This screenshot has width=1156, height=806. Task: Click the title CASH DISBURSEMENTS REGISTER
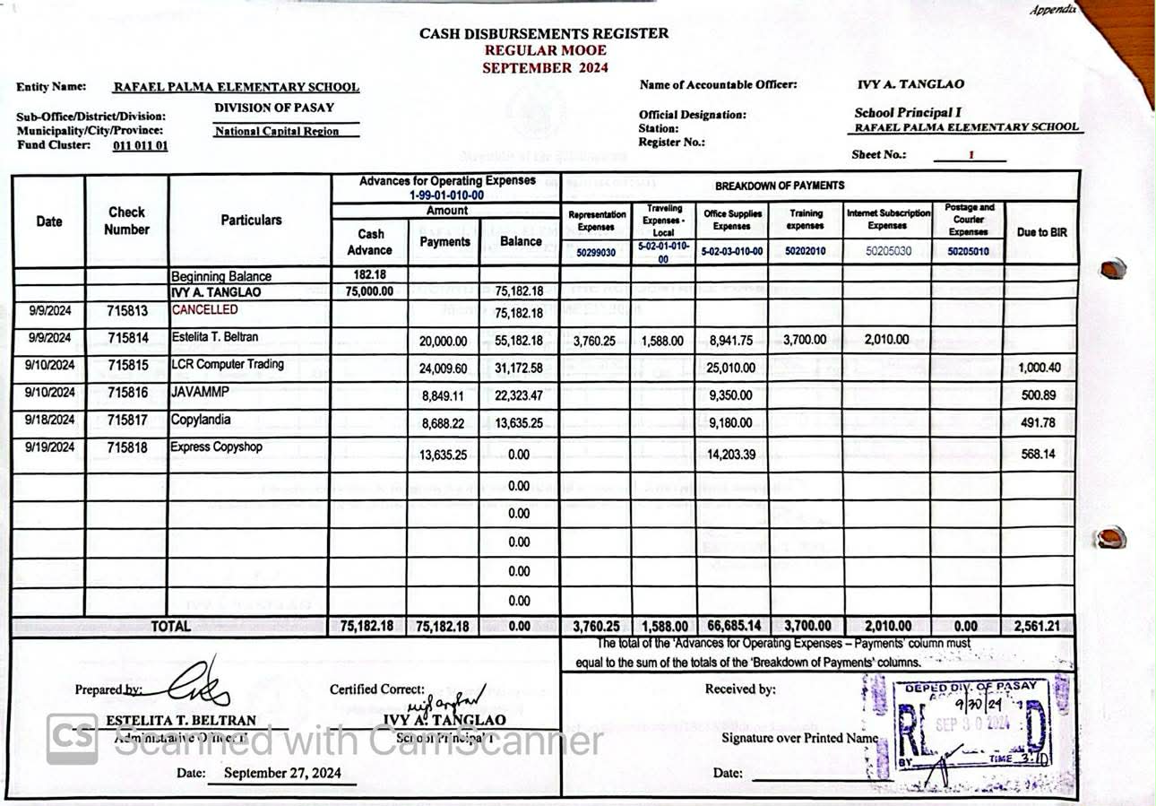(544, 34)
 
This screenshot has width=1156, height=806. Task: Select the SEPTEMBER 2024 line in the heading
(545, 67)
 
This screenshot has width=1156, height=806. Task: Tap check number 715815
(127, 366)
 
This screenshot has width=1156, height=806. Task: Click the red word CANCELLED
(205, 309)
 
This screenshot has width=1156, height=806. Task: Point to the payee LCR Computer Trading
(228, 364)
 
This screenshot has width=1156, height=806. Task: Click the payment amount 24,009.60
(444, 368)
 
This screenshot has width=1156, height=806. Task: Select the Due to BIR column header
(1041, 232)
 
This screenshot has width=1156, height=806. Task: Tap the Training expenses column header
(805, 220)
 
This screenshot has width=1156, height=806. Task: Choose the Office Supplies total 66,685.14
(731, 627)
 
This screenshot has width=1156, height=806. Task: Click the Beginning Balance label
(220, 276)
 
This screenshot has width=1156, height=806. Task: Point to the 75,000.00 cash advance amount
(368, 291)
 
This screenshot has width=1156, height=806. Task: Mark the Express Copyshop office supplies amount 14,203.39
(731, 455)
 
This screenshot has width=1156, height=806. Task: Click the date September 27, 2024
(282, 773)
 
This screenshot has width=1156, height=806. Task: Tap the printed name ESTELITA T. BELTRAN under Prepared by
(181, 720)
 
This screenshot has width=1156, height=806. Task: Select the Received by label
(740, 689)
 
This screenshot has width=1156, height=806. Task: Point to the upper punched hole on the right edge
(1112, 268)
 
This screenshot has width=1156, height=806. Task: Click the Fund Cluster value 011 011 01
(141, 145)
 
